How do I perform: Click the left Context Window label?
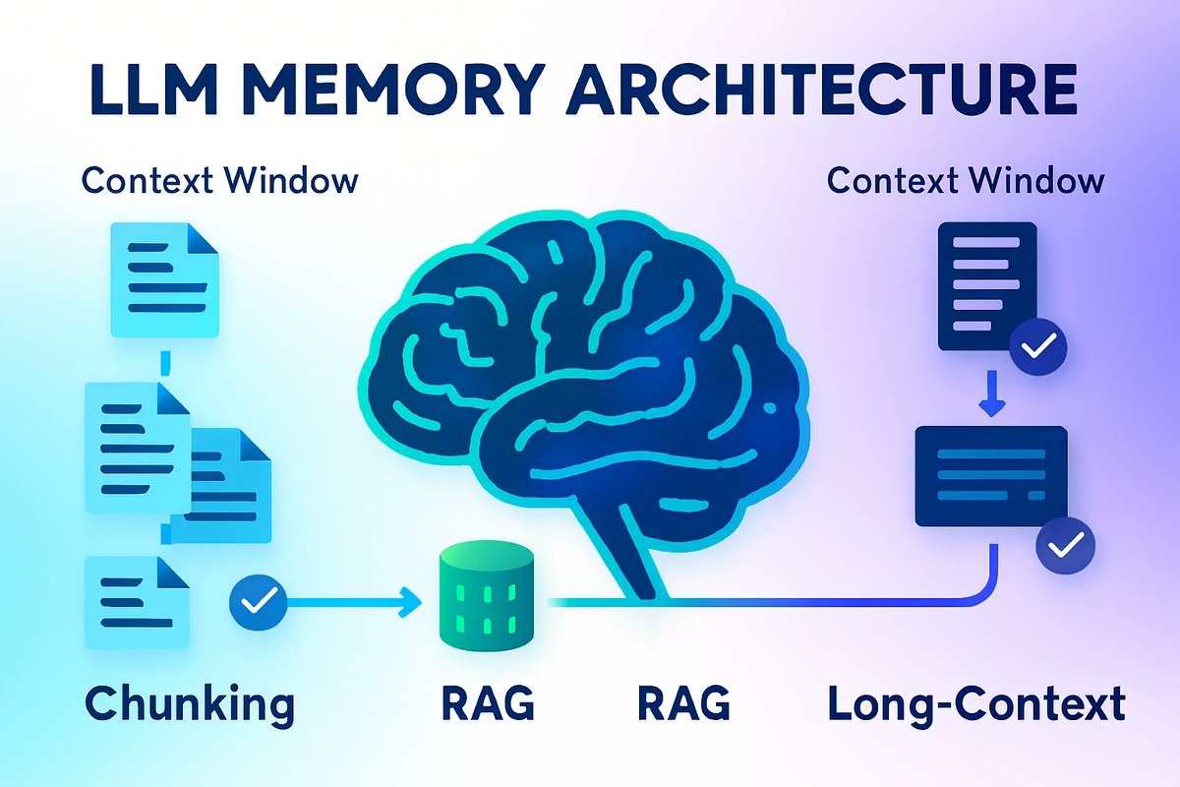[x=218, y=182]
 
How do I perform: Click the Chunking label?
[x=189, y=704]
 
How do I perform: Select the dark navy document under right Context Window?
[x=986, y=285]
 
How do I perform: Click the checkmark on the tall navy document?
[x=1038, y=345]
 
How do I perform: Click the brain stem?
[x=629, y=551]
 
